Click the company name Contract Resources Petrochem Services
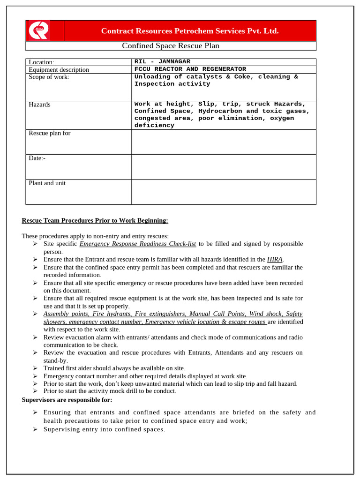[190, 31]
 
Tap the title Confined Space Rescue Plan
[171, 45]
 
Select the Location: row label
[42, 62]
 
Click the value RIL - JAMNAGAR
[162, 61]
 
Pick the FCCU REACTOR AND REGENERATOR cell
[190, 69]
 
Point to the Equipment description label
[59, 69]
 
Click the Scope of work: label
[49, 77]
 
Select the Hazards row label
[40, 105]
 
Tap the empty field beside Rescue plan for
[223, 142]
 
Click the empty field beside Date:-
[223, 167]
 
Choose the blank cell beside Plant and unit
[223, 192]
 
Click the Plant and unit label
[47, 183]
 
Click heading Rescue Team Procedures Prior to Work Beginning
[95, 220]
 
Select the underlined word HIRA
[275, 259]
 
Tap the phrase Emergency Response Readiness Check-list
[138, 244]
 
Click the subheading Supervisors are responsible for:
[67, 399]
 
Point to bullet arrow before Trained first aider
[36, 368]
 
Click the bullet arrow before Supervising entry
[36, 429]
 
